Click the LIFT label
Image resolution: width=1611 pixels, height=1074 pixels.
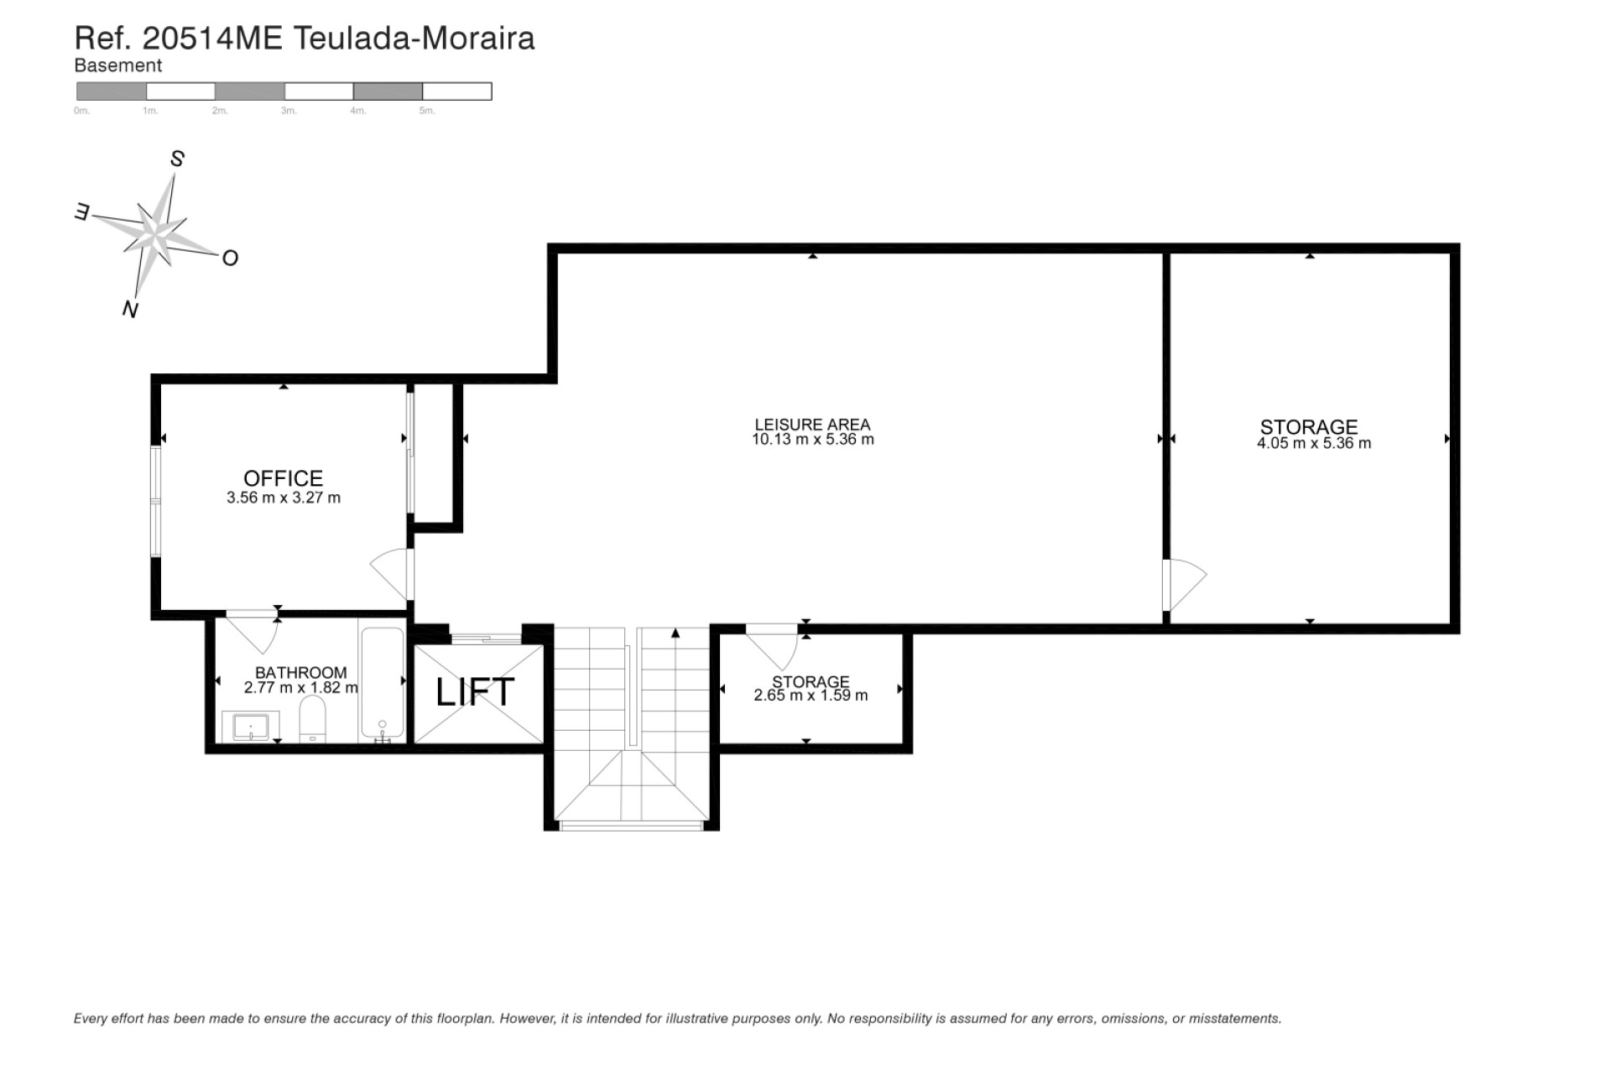point(475,692)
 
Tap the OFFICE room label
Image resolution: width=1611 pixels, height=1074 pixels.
point(283,478)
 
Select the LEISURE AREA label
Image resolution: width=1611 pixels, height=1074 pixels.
point(812,425)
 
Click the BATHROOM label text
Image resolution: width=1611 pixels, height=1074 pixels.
point(300,672)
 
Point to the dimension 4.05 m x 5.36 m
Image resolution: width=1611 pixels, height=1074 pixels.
point(1313,443)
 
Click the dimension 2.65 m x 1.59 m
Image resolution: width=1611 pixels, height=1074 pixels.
point(811,695)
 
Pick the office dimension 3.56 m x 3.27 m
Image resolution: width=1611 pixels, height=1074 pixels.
point(284,498)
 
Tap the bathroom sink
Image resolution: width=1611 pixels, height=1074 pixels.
point(250,727)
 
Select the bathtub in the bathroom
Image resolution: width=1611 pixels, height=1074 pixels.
point(383,684)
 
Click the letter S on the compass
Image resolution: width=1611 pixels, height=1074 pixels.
point(177,159)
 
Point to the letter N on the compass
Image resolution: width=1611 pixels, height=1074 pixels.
point(130,309)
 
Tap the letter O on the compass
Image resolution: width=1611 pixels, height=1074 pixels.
point(230,258)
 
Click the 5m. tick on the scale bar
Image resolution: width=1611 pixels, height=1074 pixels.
point(426,111)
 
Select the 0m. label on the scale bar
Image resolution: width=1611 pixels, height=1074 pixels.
point(81,111)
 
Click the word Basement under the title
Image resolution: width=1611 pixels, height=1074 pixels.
point(117,65)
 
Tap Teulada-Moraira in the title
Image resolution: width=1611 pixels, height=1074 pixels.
point(413,38)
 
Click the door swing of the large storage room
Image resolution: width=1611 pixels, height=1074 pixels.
point(1186,583)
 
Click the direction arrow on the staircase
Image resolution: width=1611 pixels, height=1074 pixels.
point(675,634)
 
